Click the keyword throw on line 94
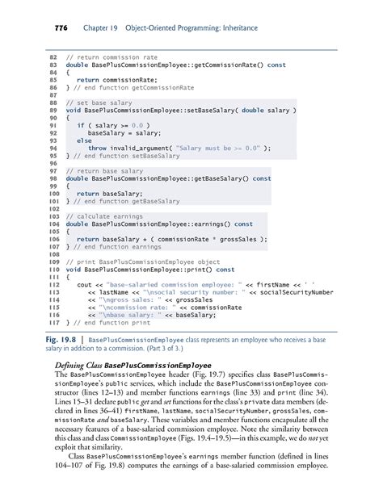[97, 149]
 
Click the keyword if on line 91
[80, 126]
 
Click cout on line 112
[85, 284]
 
